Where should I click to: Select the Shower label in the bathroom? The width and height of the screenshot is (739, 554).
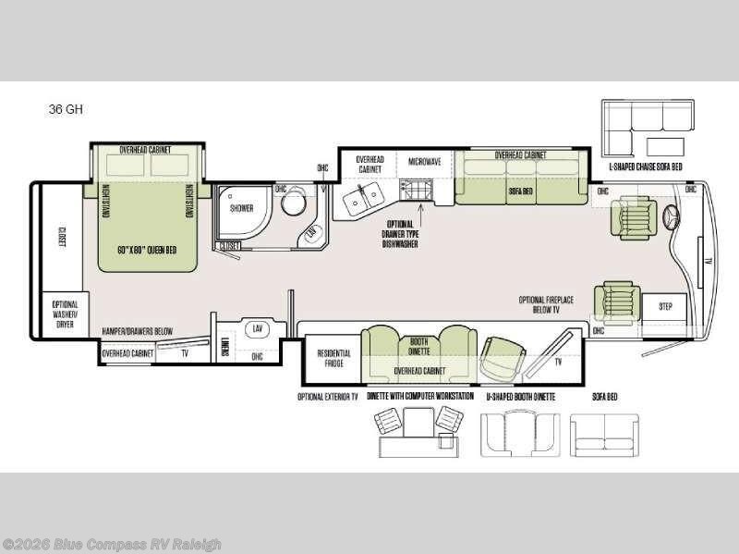tap(241, 209)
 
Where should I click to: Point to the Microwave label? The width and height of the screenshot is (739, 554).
tap(425, 161)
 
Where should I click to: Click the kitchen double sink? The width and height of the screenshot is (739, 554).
tap(358, 196)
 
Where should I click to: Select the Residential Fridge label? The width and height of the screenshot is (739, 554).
tap(333, 359)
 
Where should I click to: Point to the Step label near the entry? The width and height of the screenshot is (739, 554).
tap(664, 306)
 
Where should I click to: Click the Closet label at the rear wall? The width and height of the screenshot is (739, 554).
tap(62, 238)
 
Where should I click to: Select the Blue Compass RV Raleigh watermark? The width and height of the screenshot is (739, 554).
tap(112, 545)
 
